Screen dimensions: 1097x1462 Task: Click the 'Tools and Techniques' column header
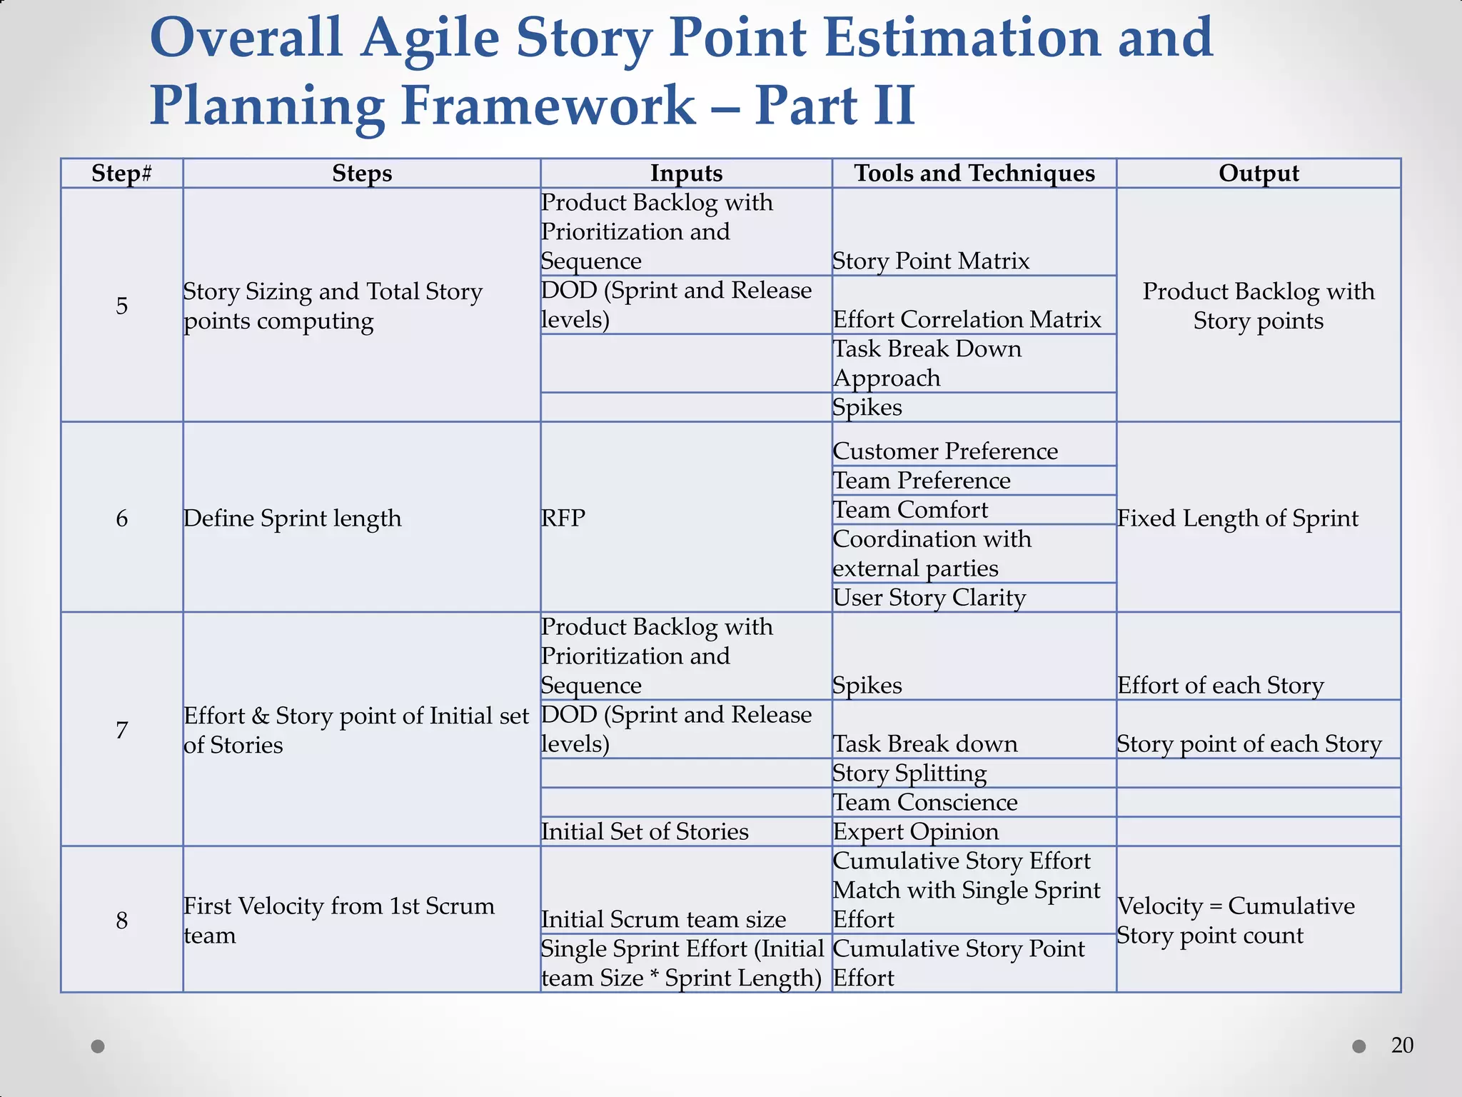(974, 174)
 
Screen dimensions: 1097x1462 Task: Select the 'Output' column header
(1259, 174)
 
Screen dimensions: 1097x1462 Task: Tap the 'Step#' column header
(121, 174)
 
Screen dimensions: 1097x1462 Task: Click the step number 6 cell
(121, 518)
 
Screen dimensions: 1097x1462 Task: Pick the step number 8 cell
(121, 920)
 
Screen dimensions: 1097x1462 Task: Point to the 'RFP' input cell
(563, 518)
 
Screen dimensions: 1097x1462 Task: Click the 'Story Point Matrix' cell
(931, 261)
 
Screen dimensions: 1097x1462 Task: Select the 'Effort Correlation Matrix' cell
(967, 319)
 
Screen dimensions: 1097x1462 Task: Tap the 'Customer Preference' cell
(945, 451)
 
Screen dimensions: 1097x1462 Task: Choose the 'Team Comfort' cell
(910, 510)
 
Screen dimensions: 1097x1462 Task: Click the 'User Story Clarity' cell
(929, 598)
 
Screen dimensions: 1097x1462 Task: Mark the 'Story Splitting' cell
(910, 773)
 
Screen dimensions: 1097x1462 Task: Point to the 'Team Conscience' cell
(925, 803)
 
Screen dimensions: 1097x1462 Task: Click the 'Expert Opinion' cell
(916, 832)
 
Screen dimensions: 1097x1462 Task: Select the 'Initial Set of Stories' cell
(645, 832)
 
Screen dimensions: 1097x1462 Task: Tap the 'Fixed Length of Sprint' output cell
(1238, 518)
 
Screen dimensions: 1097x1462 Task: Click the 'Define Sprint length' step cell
(293, 518)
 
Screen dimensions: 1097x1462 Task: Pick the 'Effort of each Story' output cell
(1221, 686)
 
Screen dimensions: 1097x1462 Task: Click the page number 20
(1402, 1046)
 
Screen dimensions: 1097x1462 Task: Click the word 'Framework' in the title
(548, 106)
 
